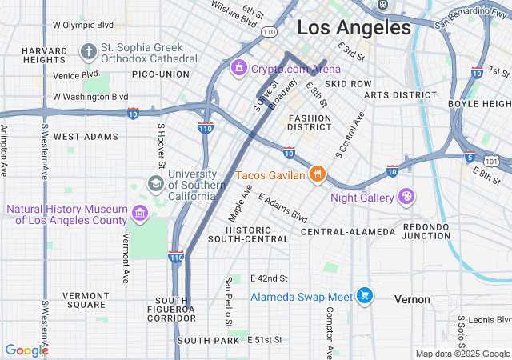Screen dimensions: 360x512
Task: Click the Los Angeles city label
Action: coord(354,28)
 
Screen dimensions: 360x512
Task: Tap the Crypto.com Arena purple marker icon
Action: coord(238,69)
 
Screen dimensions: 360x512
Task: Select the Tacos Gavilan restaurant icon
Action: coord(318,174)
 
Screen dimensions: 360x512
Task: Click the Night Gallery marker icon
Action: coord(406,197)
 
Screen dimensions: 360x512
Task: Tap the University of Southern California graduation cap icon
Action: coord(154,184)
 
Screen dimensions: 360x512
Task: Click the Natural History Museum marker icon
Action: coord(140,214)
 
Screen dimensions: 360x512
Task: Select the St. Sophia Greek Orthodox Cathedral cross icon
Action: coord(88,52)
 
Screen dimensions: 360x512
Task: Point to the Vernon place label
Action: coord(412,299)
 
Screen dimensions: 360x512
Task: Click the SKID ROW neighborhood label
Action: coord(348,83)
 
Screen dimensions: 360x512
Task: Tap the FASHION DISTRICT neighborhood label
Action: coord(310,122)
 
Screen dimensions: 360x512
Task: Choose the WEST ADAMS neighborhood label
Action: coord(86,137)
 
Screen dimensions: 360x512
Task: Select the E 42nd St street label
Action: coord(268,278)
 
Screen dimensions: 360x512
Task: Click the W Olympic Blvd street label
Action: coord(83,25)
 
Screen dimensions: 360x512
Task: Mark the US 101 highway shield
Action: coord(498,162)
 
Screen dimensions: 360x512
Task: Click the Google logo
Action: coord(26,350)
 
